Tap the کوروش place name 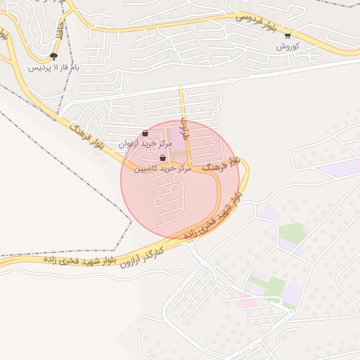coord(288,46)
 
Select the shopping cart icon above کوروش coord(288,34)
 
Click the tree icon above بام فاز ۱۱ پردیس coord(53,56)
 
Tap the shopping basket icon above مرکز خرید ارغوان coord(145,133)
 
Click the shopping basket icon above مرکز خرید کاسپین coord(163,158)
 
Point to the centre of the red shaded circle coord(180,180)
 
